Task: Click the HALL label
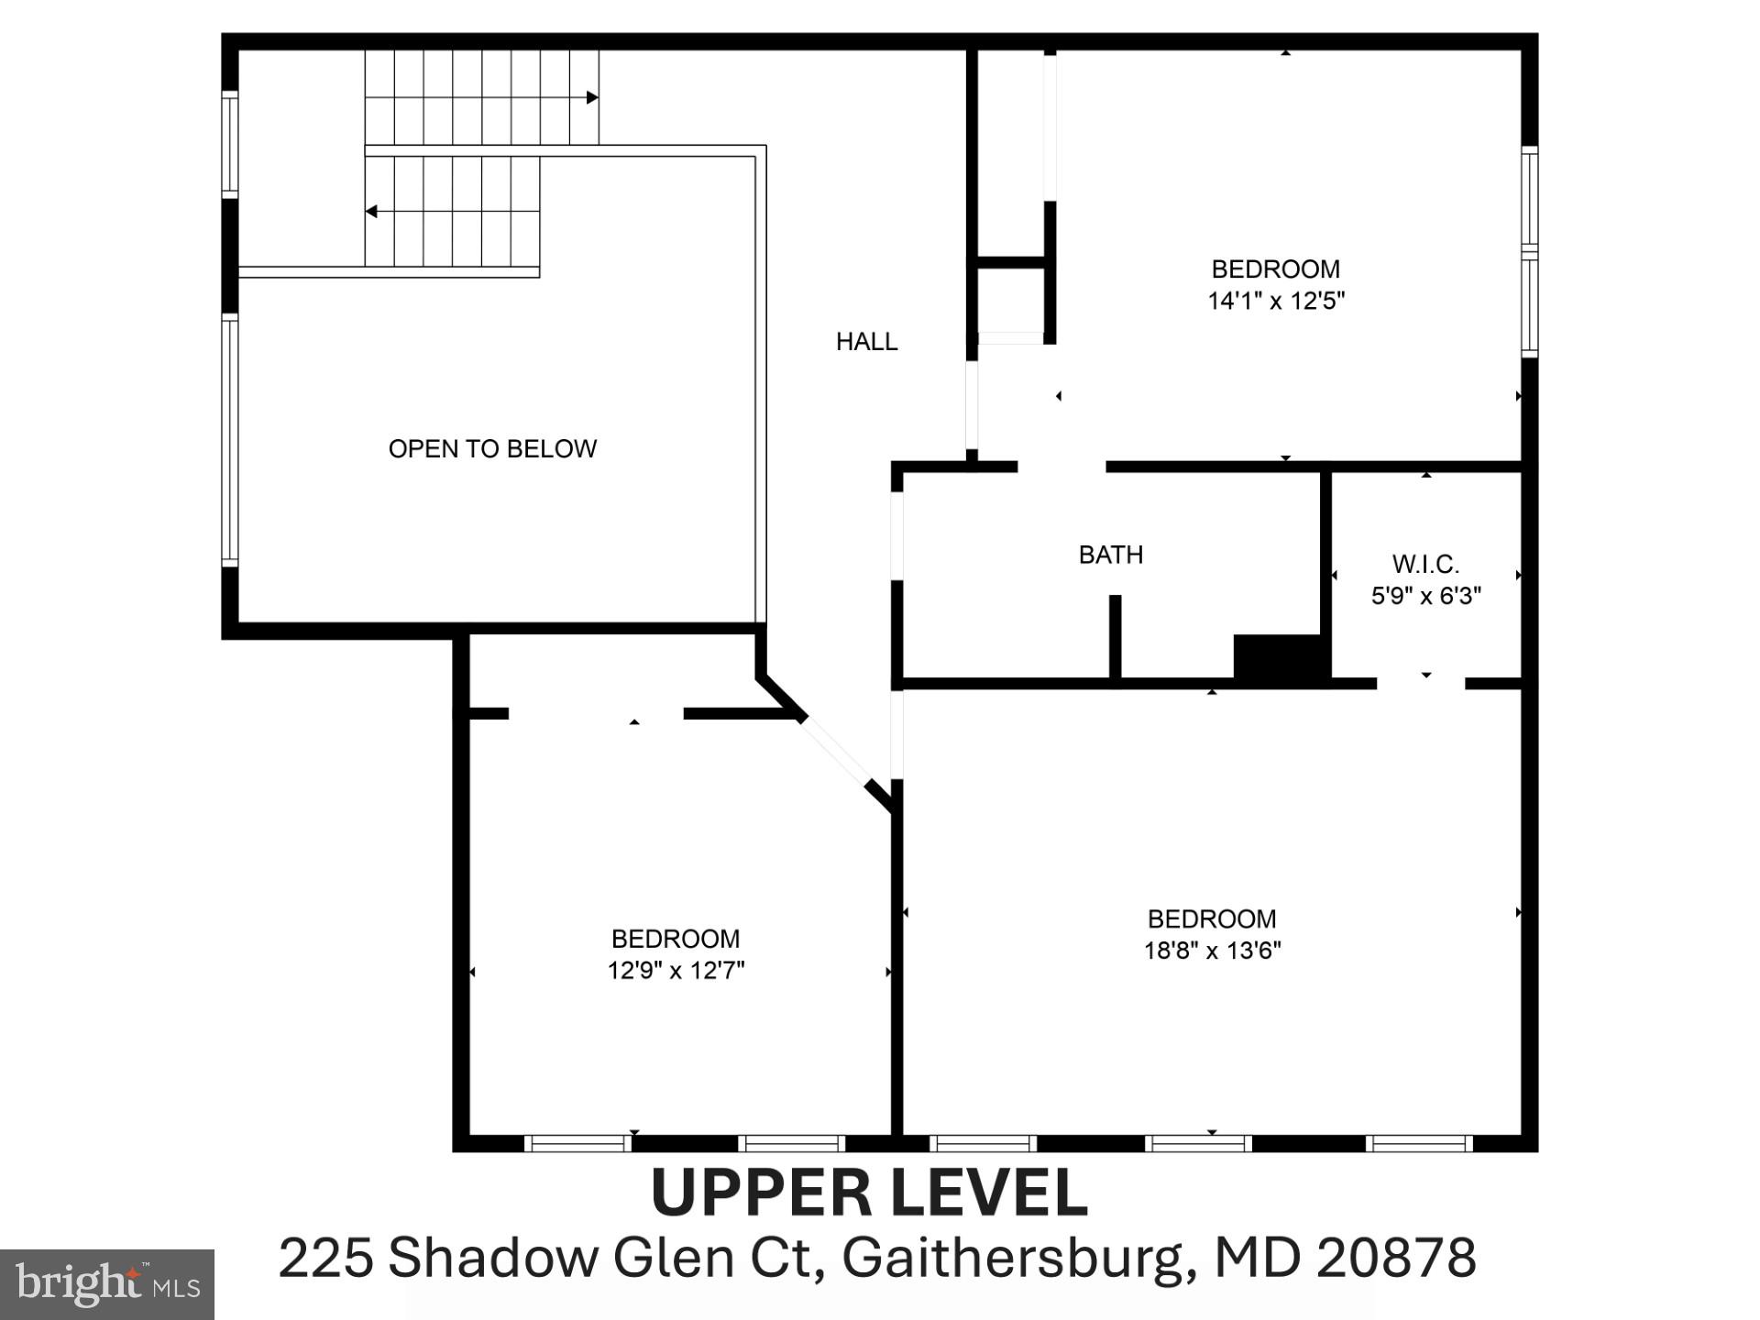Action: [x=866, y=342]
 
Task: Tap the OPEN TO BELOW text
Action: [x=492, y=448]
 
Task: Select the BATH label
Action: [x=1110, y=555]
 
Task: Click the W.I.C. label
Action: [x=1425, y=564]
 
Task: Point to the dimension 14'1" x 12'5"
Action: [x=1275, y=301]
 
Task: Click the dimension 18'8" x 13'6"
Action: [x=1212, y=951]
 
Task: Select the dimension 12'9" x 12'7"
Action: [x=676, y=971]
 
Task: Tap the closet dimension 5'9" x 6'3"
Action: [x=1425, y=596]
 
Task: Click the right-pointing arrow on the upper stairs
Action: [x=592, y=97]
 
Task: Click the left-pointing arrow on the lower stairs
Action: [x=371, y=212]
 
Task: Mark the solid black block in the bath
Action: [x=1281, y=657]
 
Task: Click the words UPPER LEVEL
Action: [x=869, y=1193]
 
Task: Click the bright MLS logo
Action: [x=107, y=1284]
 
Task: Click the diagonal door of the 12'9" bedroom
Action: [x=835, y=751]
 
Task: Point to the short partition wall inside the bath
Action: [x=1115, y=637]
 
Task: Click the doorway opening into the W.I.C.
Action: [x=1420, y=683]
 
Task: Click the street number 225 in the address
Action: [x=325, y=1258]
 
